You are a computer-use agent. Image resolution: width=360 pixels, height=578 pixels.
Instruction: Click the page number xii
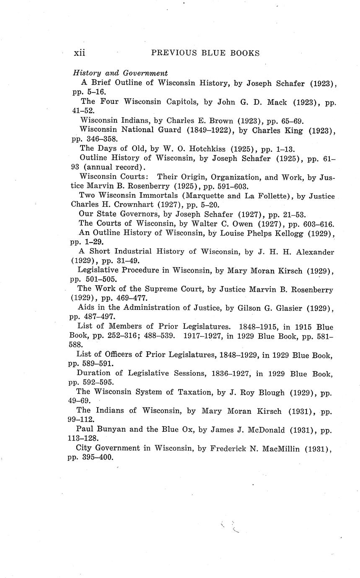(x=80, y=53)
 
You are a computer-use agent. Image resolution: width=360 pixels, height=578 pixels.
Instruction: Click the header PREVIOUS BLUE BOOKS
(x=205, y=53)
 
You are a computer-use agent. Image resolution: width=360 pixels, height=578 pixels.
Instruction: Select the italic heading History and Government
(x=121, y=73)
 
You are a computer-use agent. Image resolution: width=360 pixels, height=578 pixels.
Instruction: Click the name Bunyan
(x=115, y=429)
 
